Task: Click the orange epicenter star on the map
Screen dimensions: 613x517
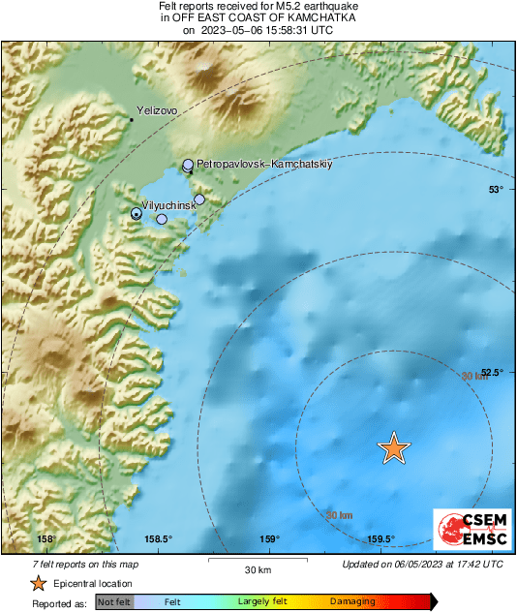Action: point(394,447)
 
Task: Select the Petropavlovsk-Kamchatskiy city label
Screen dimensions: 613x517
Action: point(264,165)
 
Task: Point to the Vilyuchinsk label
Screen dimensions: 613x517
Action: point(169,206)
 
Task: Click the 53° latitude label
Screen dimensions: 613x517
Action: point(496,190)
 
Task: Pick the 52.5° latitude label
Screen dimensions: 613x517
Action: point(492,373)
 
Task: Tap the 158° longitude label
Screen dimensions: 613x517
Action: point(46,539)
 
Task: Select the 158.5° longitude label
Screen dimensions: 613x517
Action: point(158,539)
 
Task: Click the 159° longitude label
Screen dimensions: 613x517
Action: point(270,539)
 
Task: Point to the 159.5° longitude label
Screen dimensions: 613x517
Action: point(380,539)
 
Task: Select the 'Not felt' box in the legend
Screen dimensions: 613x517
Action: point(112,601)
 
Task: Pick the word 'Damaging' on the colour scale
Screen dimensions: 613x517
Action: point(352,601)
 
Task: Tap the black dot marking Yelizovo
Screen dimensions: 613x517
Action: point(133,120)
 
